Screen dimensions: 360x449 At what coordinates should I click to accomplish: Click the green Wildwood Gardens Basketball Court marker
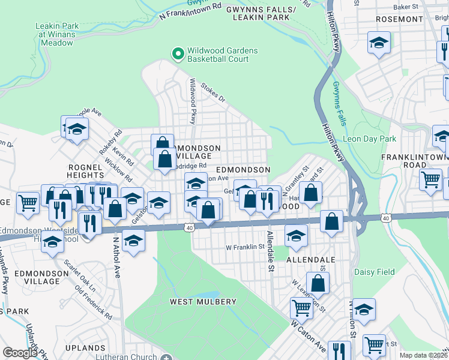(x=178, y=55)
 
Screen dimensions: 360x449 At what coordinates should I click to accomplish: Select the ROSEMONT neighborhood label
(x=399, y=19)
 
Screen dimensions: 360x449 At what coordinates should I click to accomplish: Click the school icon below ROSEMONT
(x=379, y=43)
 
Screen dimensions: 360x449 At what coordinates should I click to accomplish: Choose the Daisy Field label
(x=375, y=272)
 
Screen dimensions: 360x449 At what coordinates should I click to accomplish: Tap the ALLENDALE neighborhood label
(x=310, y=260)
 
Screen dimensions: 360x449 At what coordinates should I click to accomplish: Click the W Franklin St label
(x=245, y=247)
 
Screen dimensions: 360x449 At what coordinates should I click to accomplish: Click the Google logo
(x=20, y=353)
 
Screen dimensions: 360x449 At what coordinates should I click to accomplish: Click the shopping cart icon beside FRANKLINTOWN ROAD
(x=431, y=179)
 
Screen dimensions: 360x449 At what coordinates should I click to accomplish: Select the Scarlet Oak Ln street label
(x=80, y=276)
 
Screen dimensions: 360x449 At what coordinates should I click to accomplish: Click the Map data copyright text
(x=424, y=355)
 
